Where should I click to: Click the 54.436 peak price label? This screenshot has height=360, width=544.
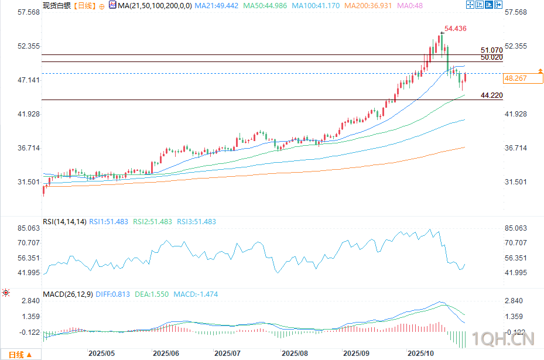[455, 28]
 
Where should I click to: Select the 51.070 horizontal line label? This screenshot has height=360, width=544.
[491, 51]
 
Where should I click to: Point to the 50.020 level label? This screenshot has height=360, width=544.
[491, 57]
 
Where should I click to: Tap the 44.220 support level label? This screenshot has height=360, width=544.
[491, 95]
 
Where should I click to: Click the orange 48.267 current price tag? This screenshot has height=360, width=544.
[516, 78]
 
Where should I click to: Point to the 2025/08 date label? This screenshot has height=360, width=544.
[295, 354]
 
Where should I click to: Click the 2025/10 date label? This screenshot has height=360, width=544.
[419, 354]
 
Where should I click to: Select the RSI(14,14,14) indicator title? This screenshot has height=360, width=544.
[64, 222]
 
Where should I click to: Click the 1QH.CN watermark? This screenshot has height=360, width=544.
[508, 338]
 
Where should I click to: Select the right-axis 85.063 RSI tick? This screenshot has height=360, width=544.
[516, 228]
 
